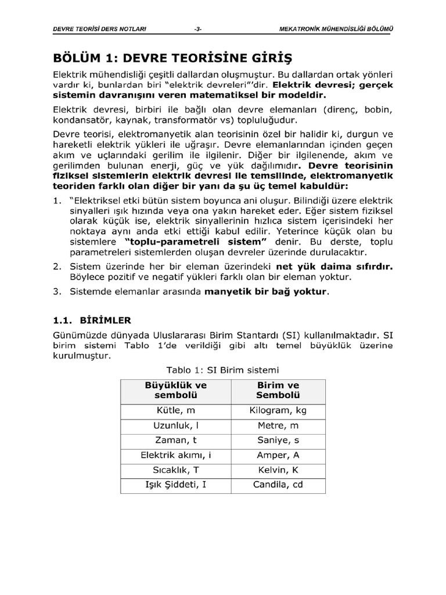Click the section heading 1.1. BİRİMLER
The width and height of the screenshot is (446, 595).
(92, 320)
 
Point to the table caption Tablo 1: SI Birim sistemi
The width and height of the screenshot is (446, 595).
(223, 369)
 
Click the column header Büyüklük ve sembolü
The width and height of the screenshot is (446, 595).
(175, 390)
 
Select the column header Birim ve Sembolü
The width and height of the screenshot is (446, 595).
(278, 390)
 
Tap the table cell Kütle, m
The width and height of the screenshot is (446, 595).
(175, 411)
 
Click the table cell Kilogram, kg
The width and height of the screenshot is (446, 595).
(278, 411)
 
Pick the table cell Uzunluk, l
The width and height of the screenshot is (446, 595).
(175, 426)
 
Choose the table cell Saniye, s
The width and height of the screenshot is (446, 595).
(278, 440)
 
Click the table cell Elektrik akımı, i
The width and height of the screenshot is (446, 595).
(175, 455)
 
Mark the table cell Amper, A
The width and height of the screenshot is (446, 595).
(278, 455)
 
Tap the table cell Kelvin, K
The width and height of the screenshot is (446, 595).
(278, 469)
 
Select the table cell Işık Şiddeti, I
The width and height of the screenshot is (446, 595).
(175, 485)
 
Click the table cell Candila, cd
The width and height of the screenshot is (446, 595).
(278, 485)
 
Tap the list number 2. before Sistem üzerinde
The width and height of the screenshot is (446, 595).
(57, 266)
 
